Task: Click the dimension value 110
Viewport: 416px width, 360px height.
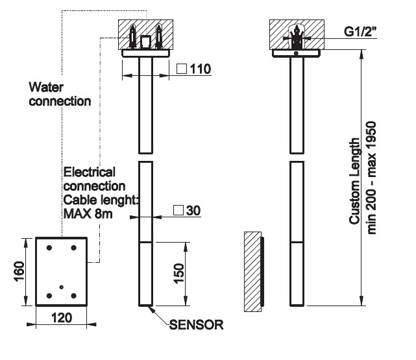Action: (202, 69)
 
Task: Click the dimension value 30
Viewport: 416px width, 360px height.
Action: (193, 211)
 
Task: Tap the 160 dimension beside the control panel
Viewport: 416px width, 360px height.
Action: (19, 273)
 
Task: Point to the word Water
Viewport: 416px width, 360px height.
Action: (45, 87)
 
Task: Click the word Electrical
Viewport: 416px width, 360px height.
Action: (90, 173)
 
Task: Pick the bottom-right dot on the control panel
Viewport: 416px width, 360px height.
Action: (73, 296)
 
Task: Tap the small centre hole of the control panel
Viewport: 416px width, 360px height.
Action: (60, 287)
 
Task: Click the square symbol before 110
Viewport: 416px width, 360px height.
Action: (182, 69)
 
